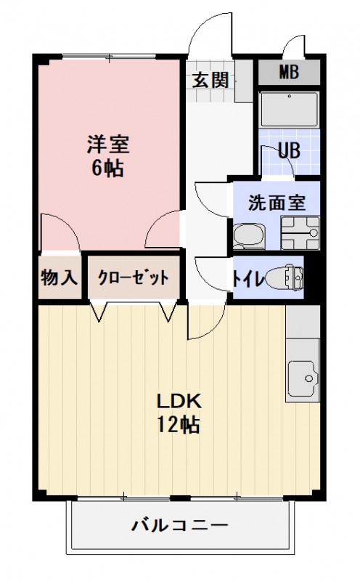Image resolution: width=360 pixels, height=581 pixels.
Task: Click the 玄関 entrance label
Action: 210,79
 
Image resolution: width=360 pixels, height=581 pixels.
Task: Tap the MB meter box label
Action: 290,73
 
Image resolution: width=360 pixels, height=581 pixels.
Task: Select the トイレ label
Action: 247,277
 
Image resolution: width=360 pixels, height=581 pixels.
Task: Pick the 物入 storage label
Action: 59,277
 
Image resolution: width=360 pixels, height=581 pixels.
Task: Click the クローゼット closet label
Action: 133,277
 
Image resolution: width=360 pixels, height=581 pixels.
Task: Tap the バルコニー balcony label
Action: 180,524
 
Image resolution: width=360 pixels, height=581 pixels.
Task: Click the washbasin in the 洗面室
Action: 248,234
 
